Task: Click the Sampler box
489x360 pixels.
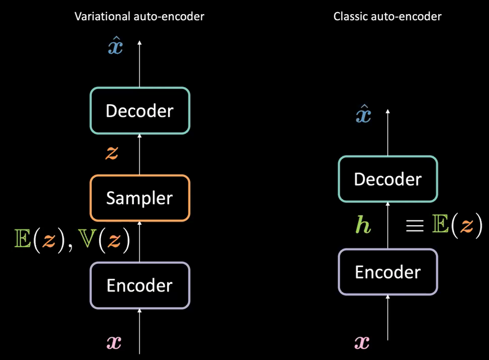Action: click(x=140, y=198)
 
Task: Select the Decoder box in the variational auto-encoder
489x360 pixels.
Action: click(x=140, y=111)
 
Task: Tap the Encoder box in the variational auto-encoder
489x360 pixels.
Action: click(x=140, y=286)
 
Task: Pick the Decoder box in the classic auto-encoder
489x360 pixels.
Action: click(x=388, y=180)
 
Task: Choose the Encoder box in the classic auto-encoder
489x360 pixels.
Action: click(x=388, y=272)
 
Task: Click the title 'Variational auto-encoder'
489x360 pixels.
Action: click(x=139, y=16)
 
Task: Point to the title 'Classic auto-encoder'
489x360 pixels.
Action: click(x=387, y=16)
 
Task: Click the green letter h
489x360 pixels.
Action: click(x=363, y=226)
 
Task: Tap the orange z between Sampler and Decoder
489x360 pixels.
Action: click(x=112, y=153)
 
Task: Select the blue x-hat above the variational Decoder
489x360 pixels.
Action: click(x=115, y=47)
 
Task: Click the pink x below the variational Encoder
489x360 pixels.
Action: click(x=114, y=343)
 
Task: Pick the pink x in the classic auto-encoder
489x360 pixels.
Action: click(x=361, y=343)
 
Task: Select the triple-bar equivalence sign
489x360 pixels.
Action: click(x=416, y=226)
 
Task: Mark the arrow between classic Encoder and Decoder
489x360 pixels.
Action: click(x=388, y=226)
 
